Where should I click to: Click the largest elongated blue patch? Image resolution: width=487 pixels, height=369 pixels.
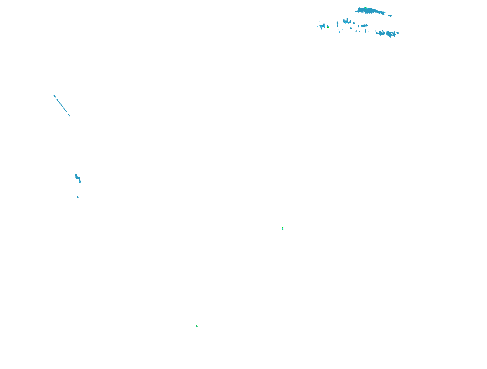(370, 11)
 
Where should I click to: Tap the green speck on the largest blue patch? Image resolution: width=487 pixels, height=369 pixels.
(366, 8)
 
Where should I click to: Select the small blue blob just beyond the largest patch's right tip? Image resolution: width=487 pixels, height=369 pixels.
(390, 16)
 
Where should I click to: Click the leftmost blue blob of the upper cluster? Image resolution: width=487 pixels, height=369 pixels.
(322, 26)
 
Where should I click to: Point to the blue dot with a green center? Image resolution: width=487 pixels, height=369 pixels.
(328, 27)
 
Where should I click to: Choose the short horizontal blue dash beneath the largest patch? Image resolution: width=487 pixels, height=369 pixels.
(364, 26)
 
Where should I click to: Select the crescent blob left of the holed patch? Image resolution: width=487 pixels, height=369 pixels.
(380, 33)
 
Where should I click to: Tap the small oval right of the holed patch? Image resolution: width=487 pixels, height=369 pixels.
(397, 33)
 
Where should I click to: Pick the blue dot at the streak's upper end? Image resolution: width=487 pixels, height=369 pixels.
(54, 96)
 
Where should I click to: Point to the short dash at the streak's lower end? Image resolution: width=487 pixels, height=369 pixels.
(69, 115)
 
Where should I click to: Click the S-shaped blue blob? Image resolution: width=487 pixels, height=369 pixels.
(78, 177)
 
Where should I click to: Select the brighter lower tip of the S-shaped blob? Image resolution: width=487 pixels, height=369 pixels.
(80, 182)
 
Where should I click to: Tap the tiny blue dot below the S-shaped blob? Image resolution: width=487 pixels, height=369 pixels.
(78, 197)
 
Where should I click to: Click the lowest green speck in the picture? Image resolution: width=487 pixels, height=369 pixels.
(196, 326)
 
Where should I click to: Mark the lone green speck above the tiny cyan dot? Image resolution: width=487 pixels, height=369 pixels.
(283, 228)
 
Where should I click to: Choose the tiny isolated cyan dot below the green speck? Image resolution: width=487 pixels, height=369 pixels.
(277, 268)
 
